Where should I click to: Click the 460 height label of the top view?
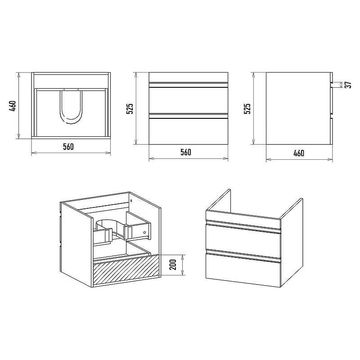(x=13, y=106)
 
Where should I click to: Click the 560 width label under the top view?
(x=68, y=147)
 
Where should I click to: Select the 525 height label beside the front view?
(x=130, y=108)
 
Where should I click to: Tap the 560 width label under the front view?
(x=186, y=152)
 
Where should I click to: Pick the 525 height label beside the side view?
(x=247, y=108)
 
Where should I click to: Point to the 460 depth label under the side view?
(x=299, y=153)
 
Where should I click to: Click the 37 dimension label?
(x=349, y=85)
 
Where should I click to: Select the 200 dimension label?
(x=173, y=265)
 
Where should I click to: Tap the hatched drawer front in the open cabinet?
(x=126, y=270)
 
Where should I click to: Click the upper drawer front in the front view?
(x=188, y=100)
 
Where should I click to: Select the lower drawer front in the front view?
(x=188, y=131)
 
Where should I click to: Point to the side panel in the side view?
(x=298, y=108)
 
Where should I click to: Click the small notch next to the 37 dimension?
(x=332, y=85)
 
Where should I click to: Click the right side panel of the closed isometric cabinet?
(x=292, y=243)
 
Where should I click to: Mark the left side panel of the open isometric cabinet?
(x=76, y=244)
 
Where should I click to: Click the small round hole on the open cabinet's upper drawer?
(x=144, y=233)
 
